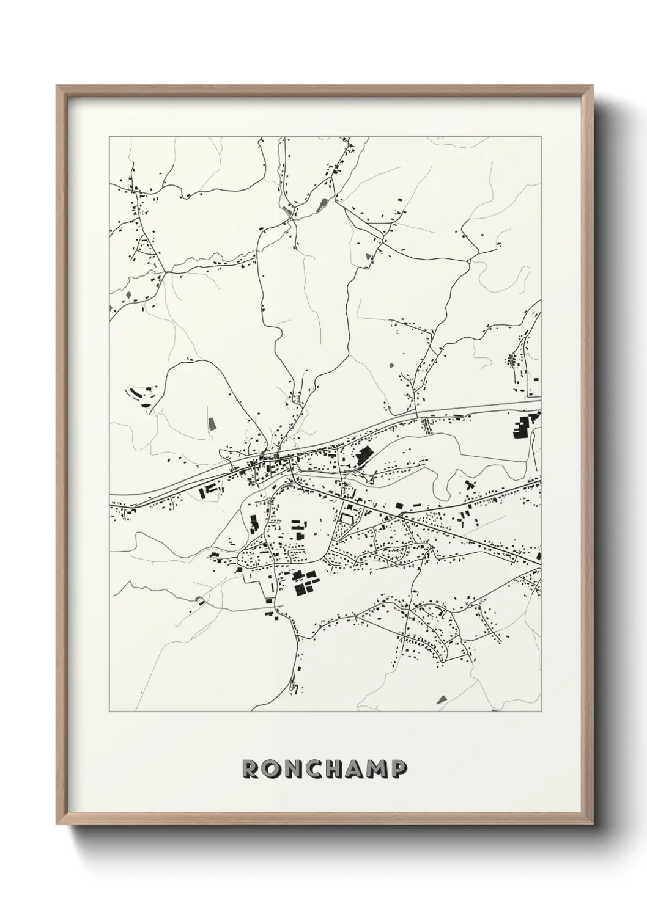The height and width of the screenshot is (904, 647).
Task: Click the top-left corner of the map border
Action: click(109, 136)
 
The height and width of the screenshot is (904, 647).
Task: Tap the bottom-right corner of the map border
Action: click(541, 712)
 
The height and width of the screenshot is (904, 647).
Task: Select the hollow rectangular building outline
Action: click(347, 519)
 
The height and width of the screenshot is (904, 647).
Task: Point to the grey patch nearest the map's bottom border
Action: click(442, 698)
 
